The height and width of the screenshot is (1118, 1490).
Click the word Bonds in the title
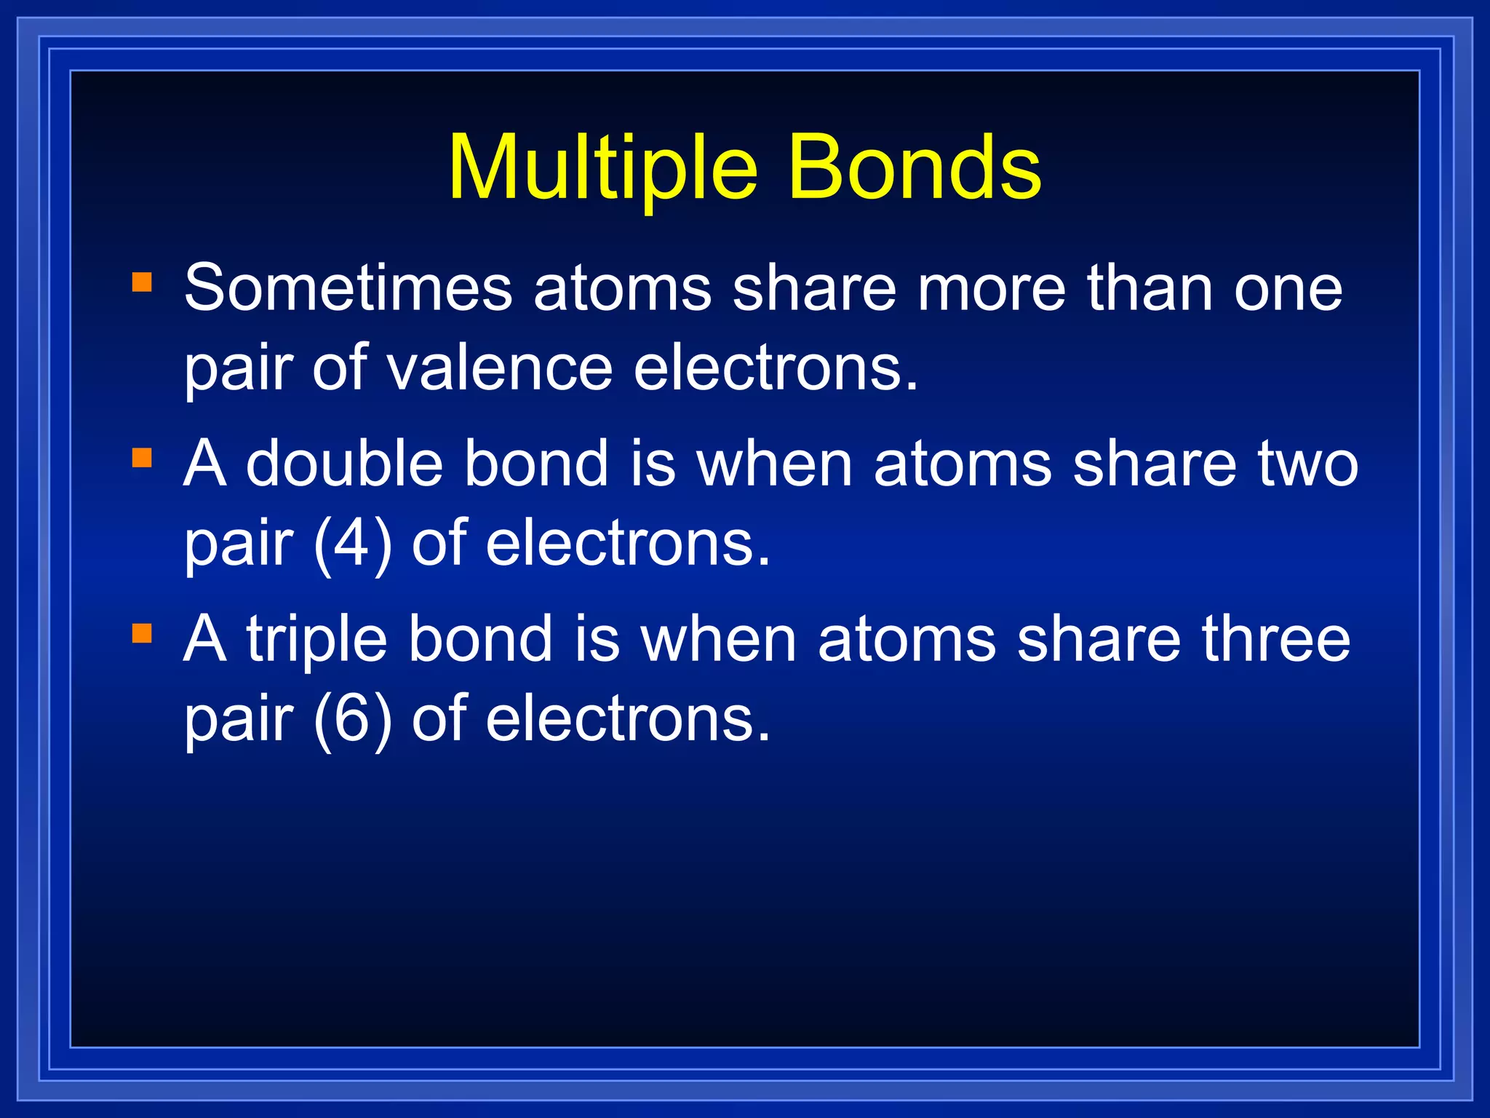pos(915,169)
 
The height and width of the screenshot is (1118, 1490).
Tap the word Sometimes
pos(348,289)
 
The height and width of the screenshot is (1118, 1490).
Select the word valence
pos(499,369)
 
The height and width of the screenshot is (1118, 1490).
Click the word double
pos(344,464)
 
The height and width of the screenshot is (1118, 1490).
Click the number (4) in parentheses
pos(353,544)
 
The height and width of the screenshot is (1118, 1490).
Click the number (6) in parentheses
pos(353,720)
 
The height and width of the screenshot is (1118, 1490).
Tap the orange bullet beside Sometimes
pos(142,282)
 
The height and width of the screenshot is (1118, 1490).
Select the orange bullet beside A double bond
pos(142,458)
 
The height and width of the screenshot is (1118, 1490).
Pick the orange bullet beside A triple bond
pos(142,633)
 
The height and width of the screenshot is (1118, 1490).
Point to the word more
pos(992,289)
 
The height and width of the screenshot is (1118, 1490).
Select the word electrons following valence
pos(776,369)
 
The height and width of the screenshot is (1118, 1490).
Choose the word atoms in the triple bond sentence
pos(907,640)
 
